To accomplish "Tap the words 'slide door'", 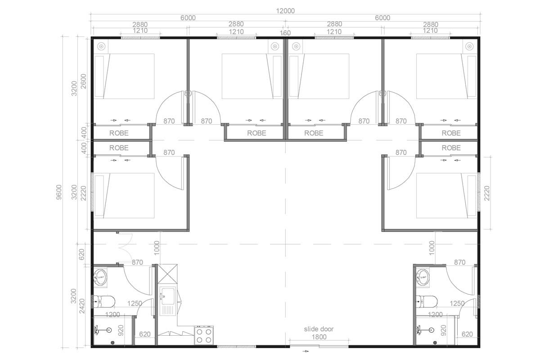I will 318,329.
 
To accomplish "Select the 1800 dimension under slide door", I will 319,337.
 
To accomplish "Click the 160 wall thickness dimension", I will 285,33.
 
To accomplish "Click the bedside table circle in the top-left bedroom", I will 101,46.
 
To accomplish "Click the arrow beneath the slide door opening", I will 306,351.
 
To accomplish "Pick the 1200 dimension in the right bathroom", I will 436,315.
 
